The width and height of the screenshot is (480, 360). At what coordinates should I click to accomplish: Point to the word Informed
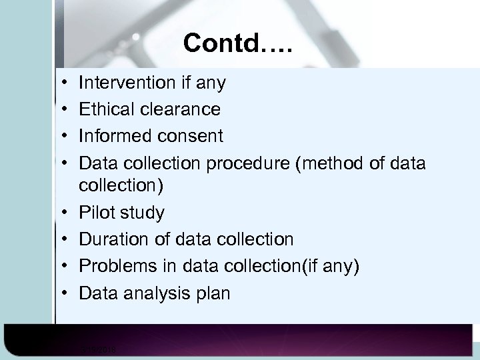pos(114,136)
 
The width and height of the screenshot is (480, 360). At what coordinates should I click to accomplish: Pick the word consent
pos(190,136)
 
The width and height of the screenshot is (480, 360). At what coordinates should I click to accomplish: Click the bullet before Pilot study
pos(61,214)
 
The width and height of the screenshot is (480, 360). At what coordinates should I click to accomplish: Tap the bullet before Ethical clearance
pos(61,109)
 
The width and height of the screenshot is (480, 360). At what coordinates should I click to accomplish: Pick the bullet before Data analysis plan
pos(61,293)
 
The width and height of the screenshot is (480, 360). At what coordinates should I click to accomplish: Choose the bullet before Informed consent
pos(61,136)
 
